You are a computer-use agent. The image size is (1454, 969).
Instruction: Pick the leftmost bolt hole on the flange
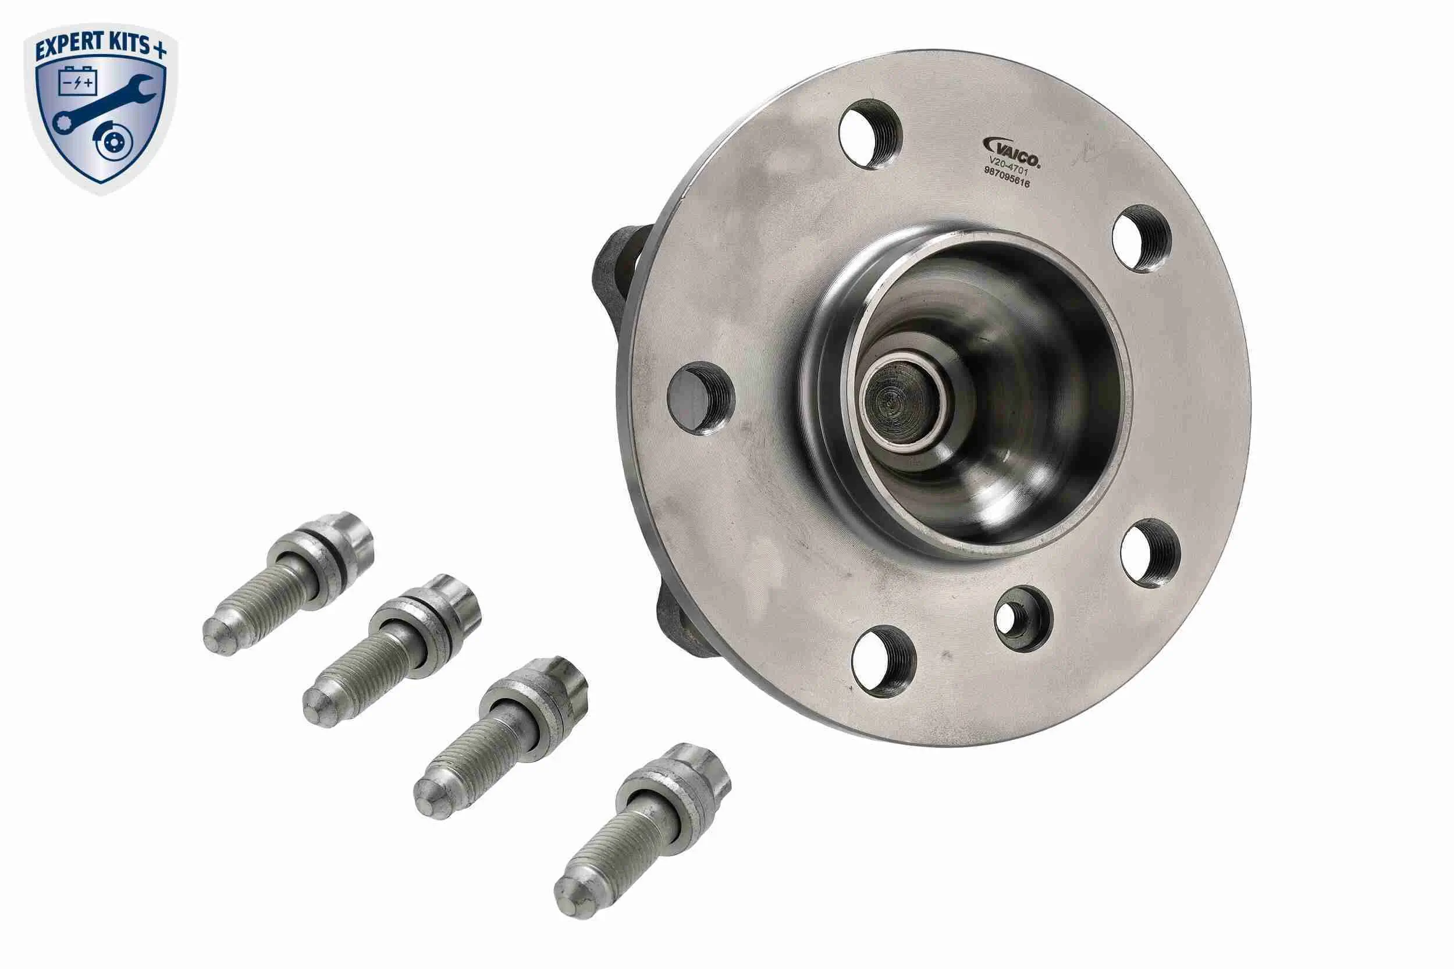[701, 398]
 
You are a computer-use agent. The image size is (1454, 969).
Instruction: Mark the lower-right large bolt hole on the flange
[1150, 553]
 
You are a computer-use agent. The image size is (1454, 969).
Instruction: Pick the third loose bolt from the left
[501, 735]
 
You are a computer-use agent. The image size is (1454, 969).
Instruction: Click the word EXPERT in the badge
[68, 47]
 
